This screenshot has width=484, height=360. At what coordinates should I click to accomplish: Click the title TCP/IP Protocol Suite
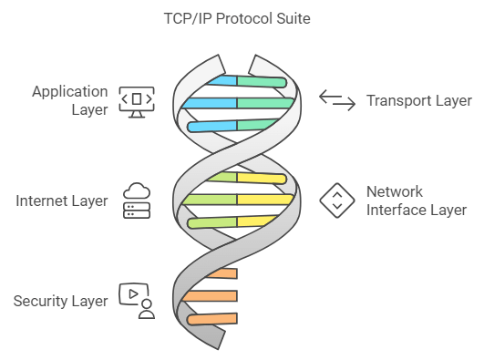coord(237,19)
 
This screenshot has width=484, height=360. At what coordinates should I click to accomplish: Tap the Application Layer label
coord(70,100)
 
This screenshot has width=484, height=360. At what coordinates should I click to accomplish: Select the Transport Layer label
coord(419,100)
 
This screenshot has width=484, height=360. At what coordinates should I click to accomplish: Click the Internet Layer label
coord(62,201)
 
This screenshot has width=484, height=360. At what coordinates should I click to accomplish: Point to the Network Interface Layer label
coord(417,201)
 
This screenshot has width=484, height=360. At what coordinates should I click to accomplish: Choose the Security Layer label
coord(60,301)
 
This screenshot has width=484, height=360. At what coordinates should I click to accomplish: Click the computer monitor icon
coord(137,102)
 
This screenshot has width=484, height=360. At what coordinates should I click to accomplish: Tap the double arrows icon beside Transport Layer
coord(337,100)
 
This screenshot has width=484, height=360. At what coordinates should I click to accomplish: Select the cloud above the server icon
coord(137,190)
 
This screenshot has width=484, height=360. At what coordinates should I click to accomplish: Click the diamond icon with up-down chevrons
coord(337,201)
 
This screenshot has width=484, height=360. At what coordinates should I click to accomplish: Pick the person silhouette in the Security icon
coord(147,309)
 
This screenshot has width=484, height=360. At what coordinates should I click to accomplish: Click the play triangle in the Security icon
coord(133,294)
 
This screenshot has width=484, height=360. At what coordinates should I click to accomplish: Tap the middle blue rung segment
coord(210,103)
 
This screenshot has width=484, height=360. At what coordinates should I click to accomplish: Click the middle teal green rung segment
coord(265,103)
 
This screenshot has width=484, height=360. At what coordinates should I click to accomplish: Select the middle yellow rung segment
coord(265,200)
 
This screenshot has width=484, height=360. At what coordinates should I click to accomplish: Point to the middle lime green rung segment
coord(210,200)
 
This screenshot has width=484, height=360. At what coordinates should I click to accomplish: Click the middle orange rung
coord(210,296)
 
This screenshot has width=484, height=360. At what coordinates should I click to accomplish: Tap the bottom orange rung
coord(212,319)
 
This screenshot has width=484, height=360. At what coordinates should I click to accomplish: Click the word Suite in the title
coord(293,19)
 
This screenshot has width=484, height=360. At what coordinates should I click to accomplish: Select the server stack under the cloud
coord(137,211)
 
